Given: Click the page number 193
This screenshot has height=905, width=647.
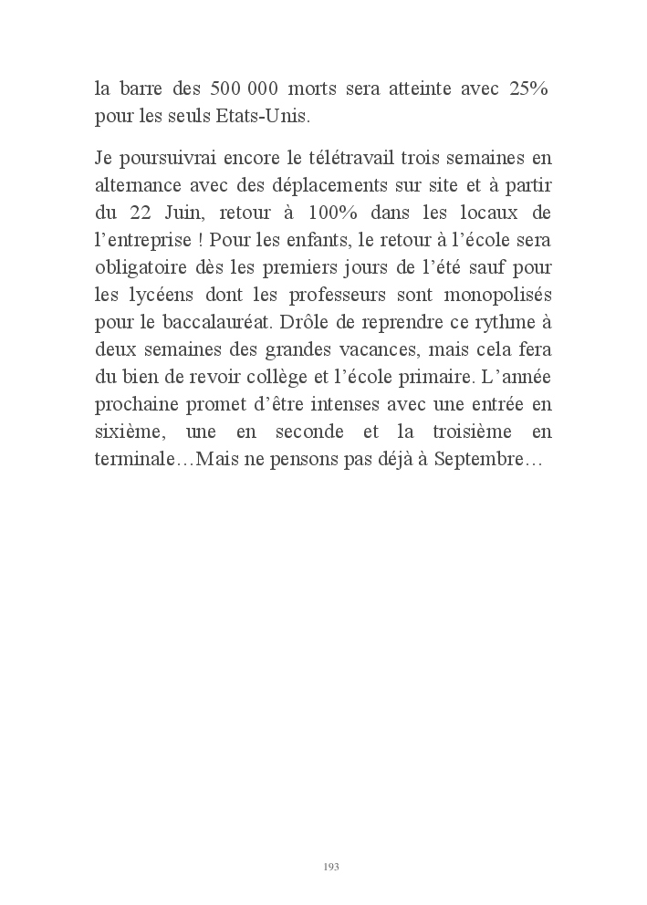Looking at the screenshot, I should pos(331,866).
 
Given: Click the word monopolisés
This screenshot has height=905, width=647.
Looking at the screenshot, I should pos(503,296).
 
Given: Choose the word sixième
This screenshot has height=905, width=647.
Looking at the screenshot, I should pos(129,432).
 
